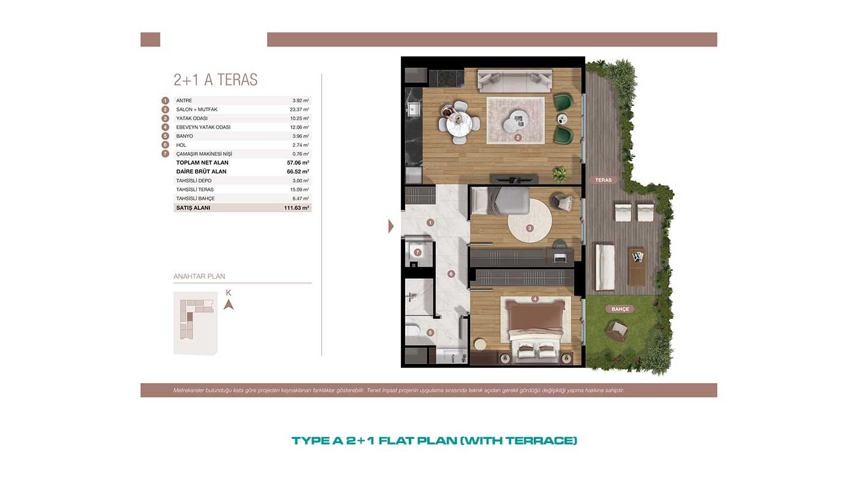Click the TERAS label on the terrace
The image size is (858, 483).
603,180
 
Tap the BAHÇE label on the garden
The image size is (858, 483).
620,309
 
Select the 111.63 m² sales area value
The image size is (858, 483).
297,208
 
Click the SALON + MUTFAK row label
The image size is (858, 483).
197,110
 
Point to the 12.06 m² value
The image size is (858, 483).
300,127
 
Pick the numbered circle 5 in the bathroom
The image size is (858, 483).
430,333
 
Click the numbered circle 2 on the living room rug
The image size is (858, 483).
518,137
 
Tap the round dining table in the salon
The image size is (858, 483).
458,123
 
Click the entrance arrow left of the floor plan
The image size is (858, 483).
391,226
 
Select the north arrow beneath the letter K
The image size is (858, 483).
229,305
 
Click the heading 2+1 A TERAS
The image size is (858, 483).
216,80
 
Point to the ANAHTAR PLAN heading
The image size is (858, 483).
199,276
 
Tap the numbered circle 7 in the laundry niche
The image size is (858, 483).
417,253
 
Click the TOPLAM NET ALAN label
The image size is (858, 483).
202,163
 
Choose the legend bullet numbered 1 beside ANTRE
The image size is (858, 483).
165,101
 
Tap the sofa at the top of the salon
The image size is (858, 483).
515,81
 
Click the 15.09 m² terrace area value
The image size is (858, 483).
300,189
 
